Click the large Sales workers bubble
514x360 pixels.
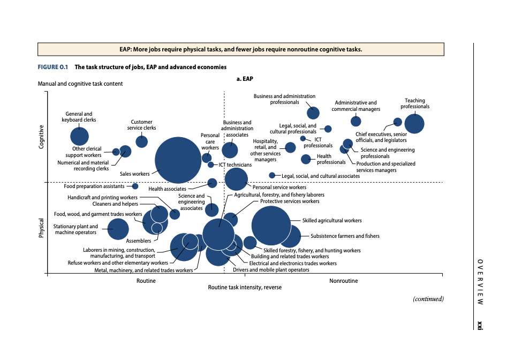178,160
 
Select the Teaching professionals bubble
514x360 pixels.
414,124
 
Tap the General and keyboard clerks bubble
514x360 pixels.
79,136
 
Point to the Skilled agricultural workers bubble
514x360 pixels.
271,226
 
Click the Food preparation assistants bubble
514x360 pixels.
135,186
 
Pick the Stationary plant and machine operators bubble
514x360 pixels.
118,229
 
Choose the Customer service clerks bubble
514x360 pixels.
141,141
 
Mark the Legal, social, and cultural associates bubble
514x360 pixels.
272,175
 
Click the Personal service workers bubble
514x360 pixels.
236,179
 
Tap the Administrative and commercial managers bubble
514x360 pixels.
356,121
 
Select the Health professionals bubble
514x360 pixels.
306,159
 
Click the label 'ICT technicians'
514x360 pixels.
235,165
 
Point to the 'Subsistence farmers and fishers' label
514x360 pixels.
345,236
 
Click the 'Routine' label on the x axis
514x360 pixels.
146,281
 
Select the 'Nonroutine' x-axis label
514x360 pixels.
344,281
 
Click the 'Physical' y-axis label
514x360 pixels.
42,228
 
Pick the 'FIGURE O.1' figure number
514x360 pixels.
53,67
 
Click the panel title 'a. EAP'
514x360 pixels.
245,79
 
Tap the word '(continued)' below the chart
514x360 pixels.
428,299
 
